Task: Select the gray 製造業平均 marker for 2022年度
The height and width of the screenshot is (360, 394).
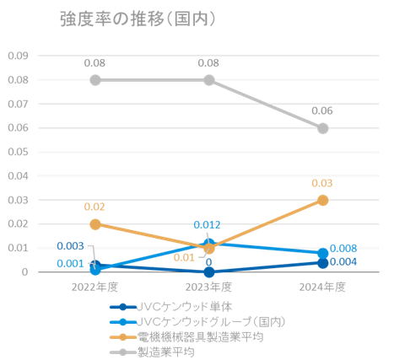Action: [95, 80]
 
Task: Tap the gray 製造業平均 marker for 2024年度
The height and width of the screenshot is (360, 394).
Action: [322, 128]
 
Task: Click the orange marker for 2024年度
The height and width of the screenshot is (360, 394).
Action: [322, 200]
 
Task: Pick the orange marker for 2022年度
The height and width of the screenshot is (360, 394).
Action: [95, 224]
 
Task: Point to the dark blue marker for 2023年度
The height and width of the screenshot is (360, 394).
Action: [209, 271]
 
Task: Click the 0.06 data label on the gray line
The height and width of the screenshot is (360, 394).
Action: [322, 110]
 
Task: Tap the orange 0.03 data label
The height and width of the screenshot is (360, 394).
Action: [322, 183]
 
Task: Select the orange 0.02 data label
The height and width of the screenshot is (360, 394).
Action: [95, 207]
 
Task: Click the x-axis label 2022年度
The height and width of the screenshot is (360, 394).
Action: [95, 287]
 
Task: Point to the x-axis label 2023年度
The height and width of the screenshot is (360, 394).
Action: [209, 287]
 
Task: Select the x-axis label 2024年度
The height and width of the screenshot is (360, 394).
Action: [322, 287]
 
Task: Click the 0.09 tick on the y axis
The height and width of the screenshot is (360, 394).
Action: [18, 56]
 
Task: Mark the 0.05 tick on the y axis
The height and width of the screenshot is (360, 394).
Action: [18, 153]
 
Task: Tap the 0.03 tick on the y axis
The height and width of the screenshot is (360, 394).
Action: [18, 201]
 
